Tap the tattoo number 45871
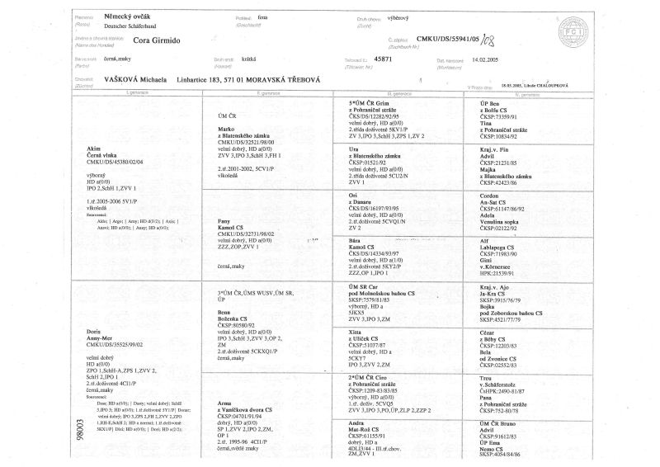(x=384, y=60)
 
